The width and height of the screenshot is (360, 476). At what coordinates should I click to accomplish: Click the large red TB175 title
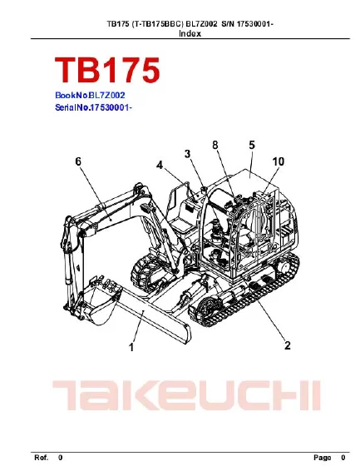[x=106, y=71]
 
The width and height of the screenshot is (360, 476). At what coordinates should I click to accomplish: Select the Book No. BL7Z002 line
[x=90, y=97]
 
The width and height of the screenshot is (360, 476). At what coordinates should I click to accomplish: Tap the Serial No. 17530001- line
[x=93, y=108]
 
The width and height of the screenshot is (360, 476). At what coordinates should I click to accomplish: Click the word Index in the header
[x=190, y=34]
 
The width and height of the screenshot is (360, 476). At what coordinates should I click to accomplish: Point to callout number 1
[x=130, y=350]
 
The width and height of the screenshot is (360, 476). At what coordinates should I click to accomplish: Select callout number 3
[x=188, y=153]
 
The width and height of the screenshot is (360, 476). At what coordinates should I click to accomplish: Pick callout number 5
[x=250, y=146]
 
